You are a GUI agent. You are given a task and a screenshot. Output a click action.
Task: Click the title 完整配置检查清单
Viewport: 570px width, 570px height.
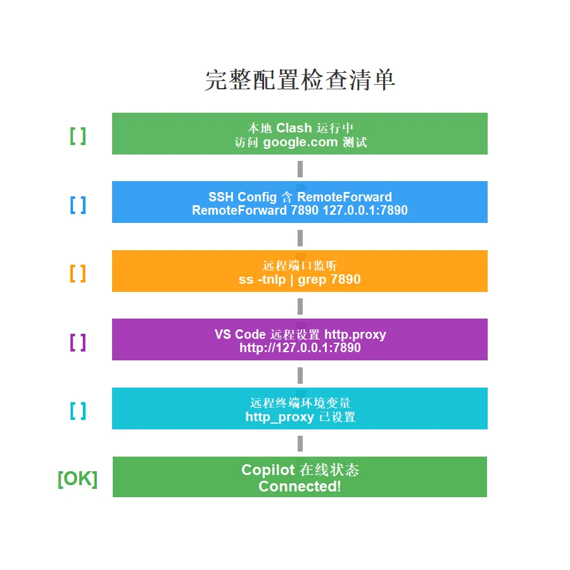(300, 80)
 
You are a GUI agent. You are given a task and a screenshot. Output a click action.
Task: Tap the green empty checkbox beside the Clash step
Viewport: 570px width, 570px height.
(78, 136)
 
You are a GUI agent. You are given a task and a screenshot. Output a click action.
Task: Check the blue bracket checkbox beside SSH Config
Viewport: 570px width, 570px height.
(78, 205)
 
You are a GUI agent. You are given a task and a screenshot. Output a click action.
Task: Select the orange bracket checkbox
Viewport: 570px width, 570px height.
(78, 273)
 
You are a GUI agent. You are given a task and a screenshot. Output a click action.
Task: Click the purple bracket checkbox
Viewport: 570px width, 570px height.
(78, 342)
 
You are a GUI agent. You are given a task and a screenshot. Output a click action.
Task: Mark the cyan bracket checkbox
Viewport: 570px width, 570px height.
(78, 411)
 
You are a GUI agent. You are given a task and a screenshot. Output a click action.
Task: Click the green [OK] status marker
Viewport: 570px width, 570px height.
(77, 479)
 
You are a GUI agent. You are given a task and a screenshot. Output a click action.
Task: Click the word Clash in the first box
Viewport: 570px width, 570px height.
(294, 128)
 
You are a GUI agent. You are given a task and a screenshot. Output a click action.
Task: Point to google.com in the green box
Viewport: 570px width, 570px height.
(300, 142)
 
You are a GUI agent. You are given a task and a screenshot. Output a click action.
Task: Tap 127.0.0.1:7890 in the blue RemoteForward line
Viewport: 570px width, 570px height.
(365, 210)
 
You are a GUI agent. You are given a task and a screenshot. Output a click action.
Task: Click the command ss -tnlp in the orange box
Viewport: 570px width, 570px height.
(262, 279)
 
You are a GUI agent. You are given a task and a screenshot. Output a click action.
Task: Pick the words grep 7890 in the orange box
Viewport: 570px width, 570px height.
(329, 279)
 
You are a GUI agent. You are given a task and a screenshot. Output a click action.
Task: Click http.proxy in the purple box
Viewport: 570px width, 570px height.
(355, 334)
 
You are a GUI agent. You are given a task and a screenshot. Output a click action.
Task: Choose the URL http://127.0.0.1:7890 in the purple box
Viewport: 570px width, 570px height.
(300, 348)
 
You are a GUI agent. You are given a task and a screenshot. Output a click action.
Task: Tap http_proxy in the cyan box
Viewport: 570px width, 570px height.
(279, 417)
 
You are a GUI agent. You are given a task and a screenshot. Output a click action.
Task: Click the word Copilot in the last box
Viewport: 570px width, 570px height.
(268, 470)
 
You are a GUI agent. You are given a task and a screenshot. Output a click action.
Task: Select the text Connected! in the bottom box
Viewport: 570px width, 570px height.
(300, 486)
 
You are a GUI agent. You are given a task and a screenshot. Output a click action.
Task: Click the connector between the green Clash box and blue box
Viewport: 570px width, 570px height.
(300, 168)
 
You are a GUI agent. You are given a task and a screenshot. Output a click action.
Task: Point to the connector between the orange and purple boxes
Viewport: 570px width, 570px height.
(300, 306)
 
